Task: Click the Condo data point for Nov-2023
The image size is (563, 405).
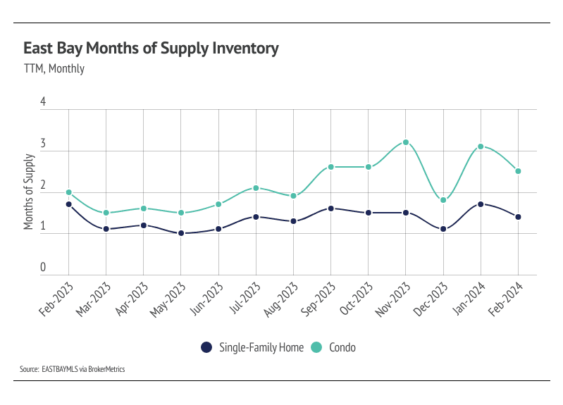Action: pyautogui.click(x=406, y=142)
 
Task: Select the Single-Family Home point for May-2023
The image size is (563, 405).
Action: pyautogui.click(x=181, y=233)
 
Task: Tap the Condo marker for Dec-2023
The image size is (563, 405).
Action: pyautogui.click(x=443, y=200)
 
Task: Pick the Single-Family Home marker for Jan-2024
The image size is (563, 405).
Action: pyautogui.click(x=481, y=204)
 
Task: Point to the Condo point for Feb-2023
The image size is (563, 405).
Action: pyautogui.click(x=68, y=192)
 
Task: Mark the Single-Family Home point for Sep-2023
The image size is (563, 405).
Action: pyautogui.click(x=331, y=208)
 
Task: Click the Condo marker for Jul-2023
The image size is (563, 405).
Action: pyautogui.click(x=256, y=188)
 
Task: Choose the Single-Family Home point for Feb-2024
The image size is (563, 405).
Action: pyautogui.click(x=519, y=217)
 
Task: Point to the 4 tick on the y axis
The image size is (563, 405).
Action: pyautogui.click(x=43, y=102)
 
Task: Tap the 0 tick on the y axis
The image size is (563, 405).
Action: pyautogui.click(x=43, y=268)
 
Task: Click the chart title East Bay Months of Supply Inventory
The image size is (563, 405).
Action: pyautogui.click(x=151, y=49)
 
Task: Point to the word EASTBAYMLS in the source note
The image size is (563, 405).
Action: pyautogui.click(x=64, y=368)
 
